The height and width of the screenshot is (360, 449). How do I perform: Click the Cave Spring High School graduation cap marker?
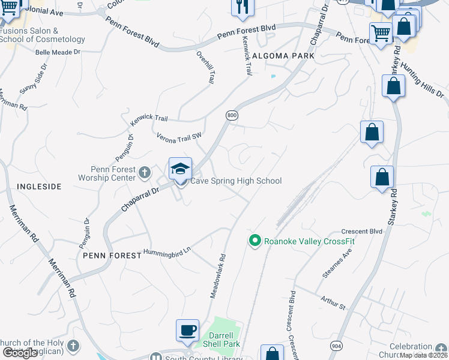tap(180, 169)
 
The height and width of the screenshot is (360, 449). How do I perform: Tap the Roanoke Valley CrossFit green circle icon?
tap(255, 241)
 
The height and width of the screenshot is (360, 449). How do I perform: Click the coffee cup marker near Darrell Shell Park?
tap(187, 330)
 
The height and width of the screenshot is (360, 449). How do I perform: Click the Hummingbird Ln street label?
tap(166, 251)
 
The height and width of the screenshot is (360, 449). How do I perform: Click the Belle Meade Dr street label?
tap(58, 52)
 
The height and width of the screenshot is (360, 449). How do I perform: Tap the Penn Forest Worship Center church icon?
tap(144, 173)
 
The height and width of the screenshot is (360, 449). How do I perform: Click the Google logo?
tap(20, 353)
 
